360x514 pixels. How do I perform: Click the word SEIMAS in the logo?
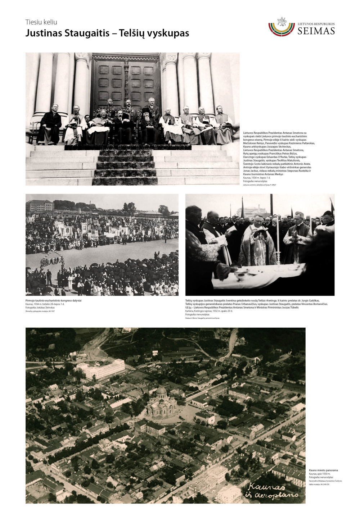click(x=316, y=31)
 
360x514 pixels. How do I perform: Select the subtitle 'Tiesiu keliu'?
click(x=41, y=22)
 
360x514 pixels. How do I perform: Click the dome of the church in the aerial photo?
click(x=161, y=391)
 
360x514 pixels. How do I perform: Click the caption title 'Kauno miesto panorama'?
click(x=323, y=470)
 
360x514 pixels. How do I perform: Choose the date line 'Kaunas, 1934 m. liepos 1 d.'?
click(x=257, y=178)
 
